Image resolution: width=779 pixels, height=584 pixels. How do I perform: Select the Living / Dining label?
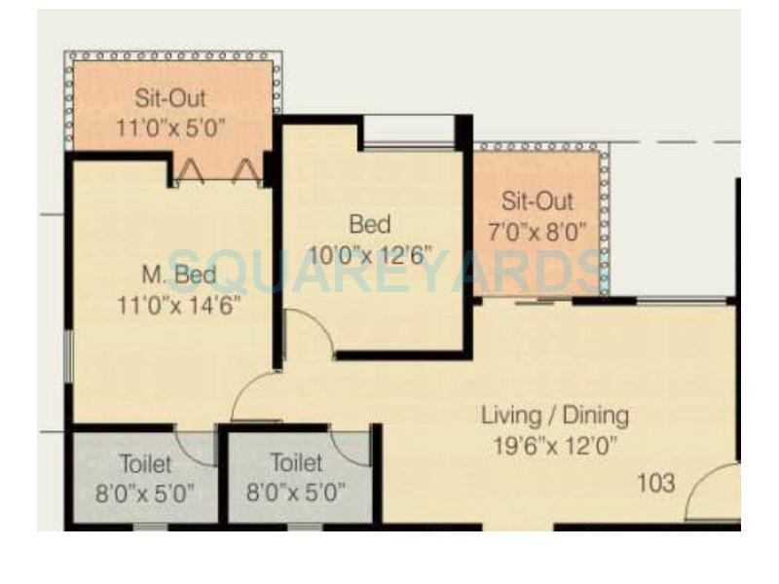point(555,416)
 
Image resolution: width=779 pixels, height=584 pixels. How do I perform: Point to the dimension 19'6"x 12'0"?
point(555,447)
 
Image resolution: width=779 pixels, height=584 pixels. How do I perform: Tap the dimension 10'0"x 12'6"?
point(370,255)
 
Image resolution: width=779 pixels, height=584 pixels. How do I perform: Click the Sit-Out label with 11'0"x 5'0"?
point(170,98)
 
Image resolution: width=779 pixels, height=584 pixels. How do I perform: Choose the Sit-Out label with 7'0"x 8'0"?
point(538,202)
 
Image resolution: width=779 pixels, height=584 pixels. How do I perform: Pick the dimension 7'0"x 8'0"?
point(538,232)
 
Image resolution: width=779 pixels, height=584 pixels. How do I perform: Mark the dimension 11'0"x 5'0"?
point(170,128)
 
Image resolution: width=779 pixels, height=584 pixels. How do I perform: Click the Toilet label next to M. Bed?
point(145,462)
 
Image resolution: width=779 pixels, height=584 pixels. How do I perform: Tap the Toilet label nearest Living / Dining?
point(297,462)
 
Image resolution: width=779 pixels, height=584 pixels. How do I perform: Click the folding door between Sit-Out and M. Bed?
point(218,173)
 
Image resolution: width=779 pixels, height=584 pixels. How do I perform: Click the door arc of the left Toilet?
point(199,447)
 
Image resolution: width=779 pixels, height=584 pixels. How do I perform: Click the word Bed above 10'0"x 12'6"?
point(370,226)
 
